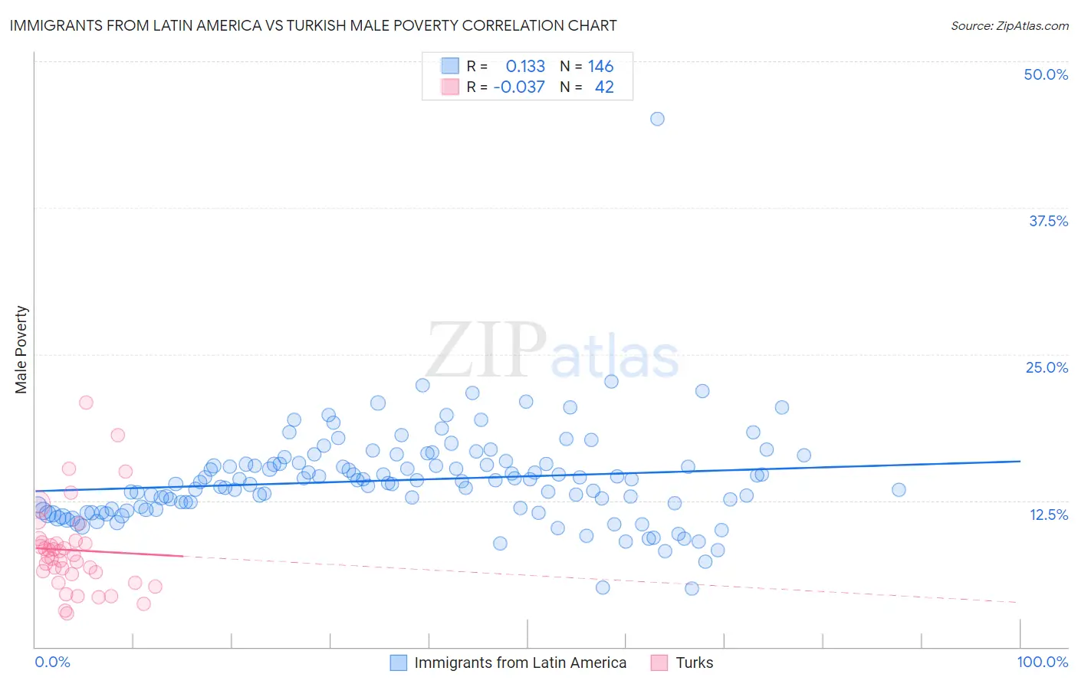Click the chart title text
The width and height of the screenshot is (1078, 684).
[313, 26]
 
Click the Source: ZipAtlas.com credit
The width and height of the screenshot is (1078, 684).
[1009, 26]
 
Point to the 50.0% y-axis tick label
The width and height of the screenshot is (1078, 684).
[1046, 74]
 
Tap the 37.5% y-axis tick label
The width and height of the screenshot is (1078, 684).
[1048, 221]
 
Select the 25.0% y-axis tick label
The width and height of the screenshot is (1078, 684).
[1047, 367]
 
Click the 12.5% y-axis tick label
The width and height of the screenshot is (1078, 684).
[1048, 515]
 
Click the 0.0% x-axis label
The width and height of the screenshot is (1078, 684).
[52, 663]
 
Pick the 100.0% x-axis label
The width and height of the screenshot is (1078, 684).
[1042, 663]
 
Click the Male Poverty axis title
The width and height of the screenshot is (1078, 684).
[21, 350]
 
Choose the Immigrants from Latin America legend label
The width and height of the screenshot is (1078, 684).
[520, 663]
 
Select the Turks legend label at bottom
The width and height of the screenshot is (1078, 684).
[694, 663]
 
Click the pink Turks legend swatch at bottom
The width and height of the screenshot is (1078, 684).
[659, 663]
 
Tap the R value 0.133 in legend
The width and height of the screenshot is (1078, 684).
[525, 67]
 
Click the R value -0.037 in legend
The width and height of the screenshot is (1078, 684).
[519, 87]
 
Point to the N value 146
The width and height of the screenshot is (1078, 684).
[600, 67]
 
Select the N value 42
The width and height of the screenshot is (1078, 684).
[604, 87]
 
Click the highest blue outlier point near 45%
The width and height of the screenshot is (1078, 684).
[657, 119]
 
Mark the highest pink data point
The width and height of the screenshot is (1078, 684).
[86, 403]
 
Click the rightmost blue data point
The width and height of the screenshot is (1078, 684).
[899, 490]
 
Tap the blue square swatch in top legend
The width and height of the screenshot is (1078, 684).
[450, 67]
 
